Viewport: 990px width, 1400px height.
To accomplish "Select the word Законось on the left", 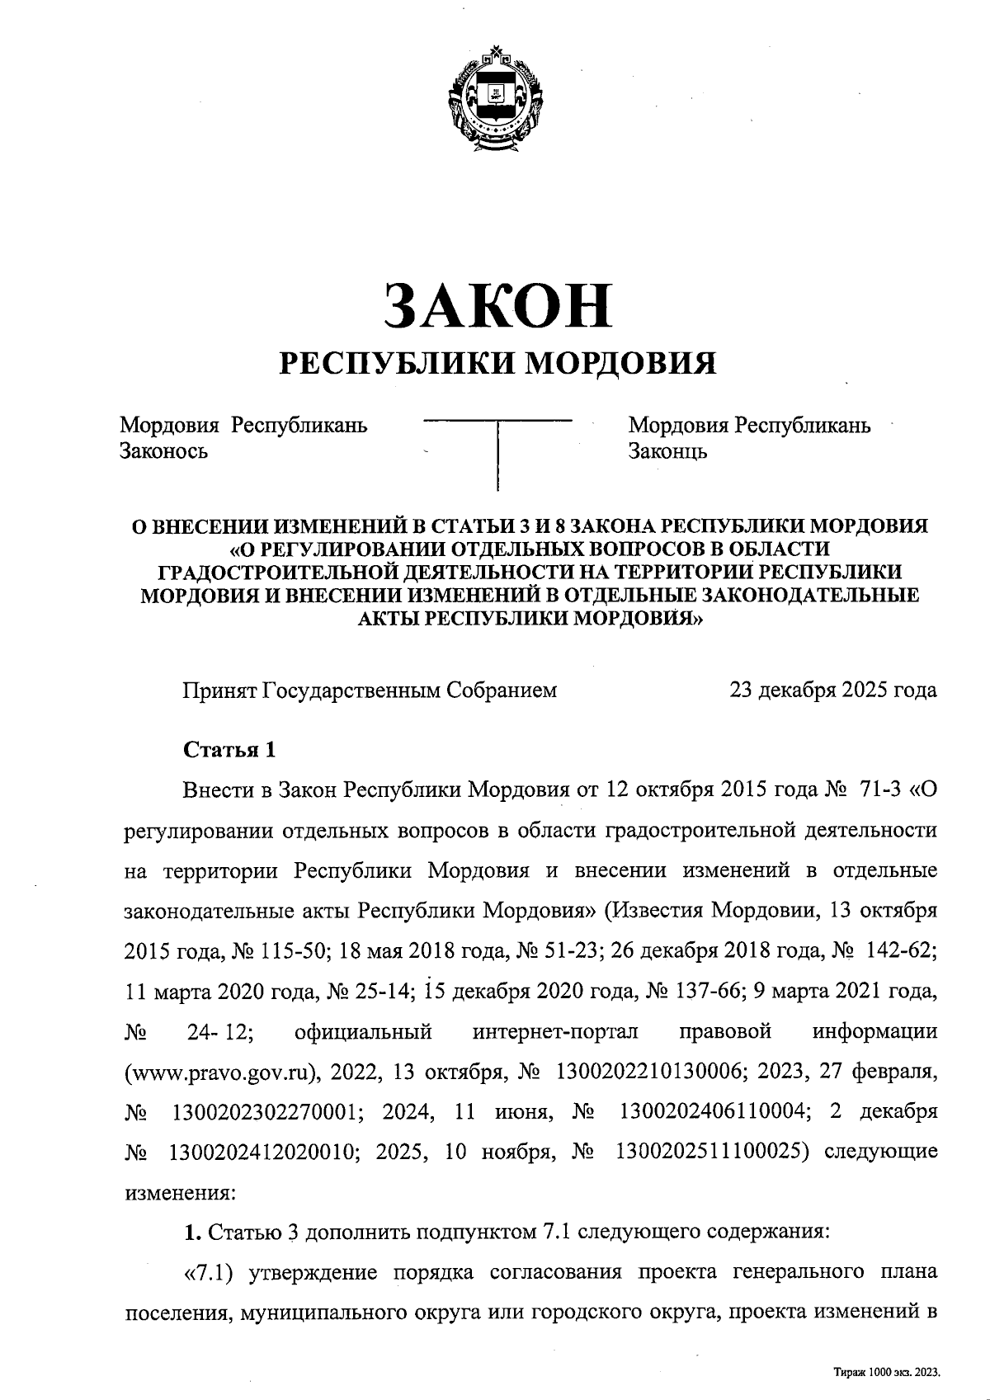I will tap(163, 450).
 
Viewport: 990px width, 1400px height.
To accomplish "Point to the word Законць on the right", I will tap(667, 450).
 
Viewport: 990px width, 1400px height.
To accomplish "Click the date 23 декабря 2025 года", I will tap(832, 690).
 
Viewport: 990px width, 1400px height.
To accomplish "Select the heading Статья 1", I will tap(229, 750).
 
